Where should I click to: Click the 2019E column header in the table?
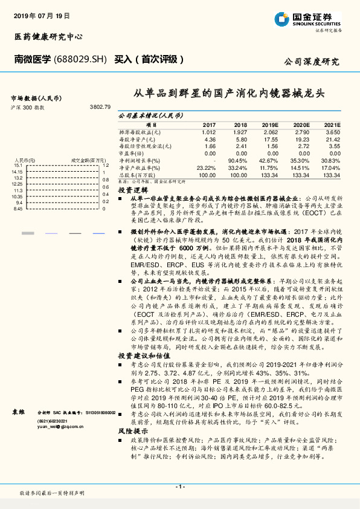tap(269, 124)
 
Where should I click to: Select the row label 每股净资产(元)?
tap(139, 138)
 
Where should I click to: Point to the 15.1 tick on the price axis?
tap(18, 165)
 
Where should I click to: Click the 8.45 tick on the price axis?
tap(18, 209)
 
